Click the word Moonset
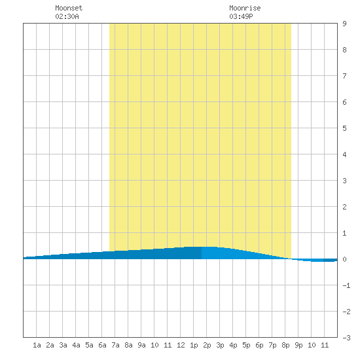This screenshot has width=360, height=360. tap(69, 8)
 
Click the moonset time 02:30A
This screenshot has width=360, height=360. tap(67, 16)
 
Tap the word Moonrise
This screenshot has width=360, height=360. tap(245, 8)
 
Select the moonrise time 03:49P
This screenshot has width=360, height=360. tap(241, 16)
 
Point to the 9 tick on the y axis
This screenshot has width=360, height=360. tap(344, 24)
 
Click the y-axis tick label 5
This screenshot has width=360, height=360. tap(344, 128)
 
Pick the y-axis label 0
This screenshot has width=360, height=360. tap(344, 259)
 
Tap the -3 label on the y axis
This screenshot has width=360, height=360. tap(346, 338)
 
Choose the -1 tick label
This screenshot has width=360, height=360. tap(346, 285)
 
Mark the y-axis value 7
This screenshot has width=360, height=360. tap(344, 76)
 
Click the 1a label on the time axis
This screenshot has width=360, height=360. tap(37, 345)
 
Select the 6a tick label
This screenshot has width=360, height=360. tap(102, 345)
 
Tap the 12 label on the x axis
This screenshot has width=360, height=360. tap(181, 345)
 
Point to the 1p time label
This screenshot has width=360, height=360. tap(194, 345)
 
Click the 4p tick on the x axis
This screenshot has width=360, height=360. tap(233, 345)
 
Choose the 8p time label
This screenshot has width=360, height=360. tap(285, 345)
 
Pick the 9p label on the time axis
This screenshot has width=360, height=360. tap(298, 345)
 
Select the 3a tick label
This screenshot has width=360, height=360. tap(63, 345)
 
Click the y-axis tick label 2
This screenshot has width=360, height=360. tap(344, 207)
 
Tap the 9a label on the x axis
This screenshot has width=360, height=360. tap(141, 345)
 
